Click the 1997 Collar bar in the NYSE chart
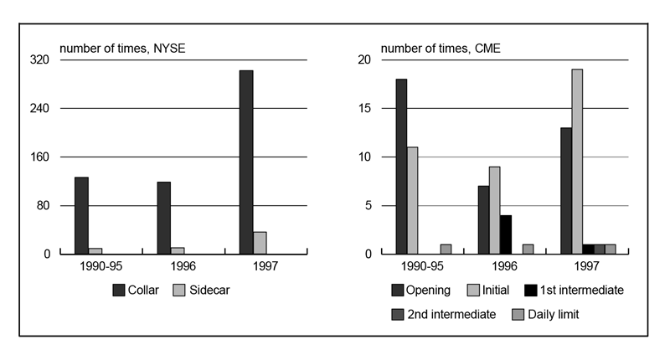point(246,162)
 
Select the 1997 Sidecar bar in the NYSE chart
point(260,243)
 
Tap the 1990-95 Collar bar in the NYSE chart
point(81,215)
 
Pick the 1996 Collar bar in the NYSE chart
point(164,218)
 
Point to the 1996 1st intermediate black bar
point(505,234)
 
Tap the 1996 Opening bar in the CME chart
point(483,219)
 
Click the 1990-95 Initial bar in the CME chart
point(412,200)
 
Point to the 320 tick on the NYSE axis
point(40,60)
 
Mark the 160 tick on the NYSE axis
point(40,157)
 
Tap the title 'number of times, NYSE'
point(122,47)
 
